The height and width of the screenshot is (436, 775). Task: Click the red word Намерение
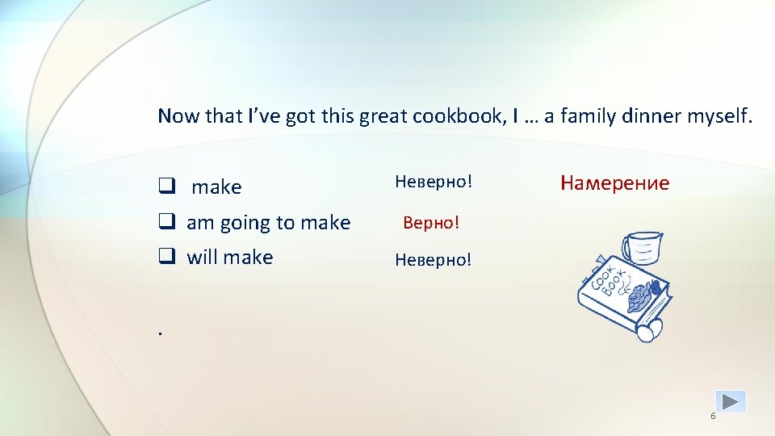(615, 183)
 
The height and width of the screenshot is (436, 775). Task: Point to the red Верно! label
(431, 222)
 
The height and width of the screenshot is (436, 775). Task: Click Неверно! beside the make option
(433, 182)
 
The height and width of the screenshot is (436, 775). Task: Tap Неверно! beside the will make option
(433, 260)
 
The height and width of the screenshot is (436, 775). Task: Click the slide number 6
(713, 416)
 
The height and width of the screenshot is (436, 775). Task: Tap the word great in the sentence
(383, 116)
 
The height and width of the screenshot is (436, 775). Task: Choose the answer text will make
(230, 258)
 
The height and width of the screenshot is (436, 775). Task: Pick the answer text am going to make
(269, 222)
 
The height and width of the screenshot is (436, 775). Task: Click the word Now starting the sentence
(178, 116)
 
